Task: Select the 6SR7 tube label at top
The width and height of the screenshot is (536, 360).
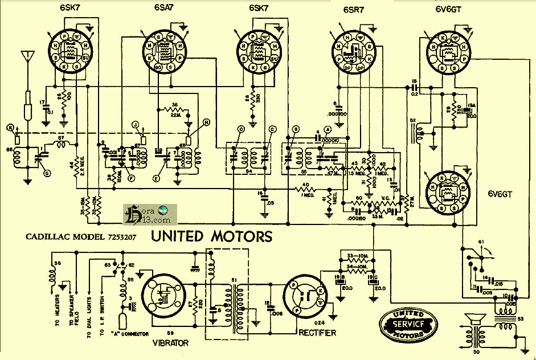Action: click(x=355, y=10)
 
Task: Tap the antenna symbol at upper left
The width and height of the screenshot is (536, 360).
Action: click(x=26, y=57)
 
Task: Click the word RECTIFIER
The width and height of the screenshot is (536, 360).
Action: click(x=317, y=333)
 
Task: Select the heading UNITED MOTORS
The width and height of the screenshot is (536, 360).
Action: click(x=211, y=236)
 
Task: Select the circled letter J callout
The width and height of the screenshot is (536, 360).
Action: click(x=135, y=124)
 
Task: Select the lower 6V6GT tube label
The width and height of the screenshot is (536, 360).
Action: click(x=501, y=193)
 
